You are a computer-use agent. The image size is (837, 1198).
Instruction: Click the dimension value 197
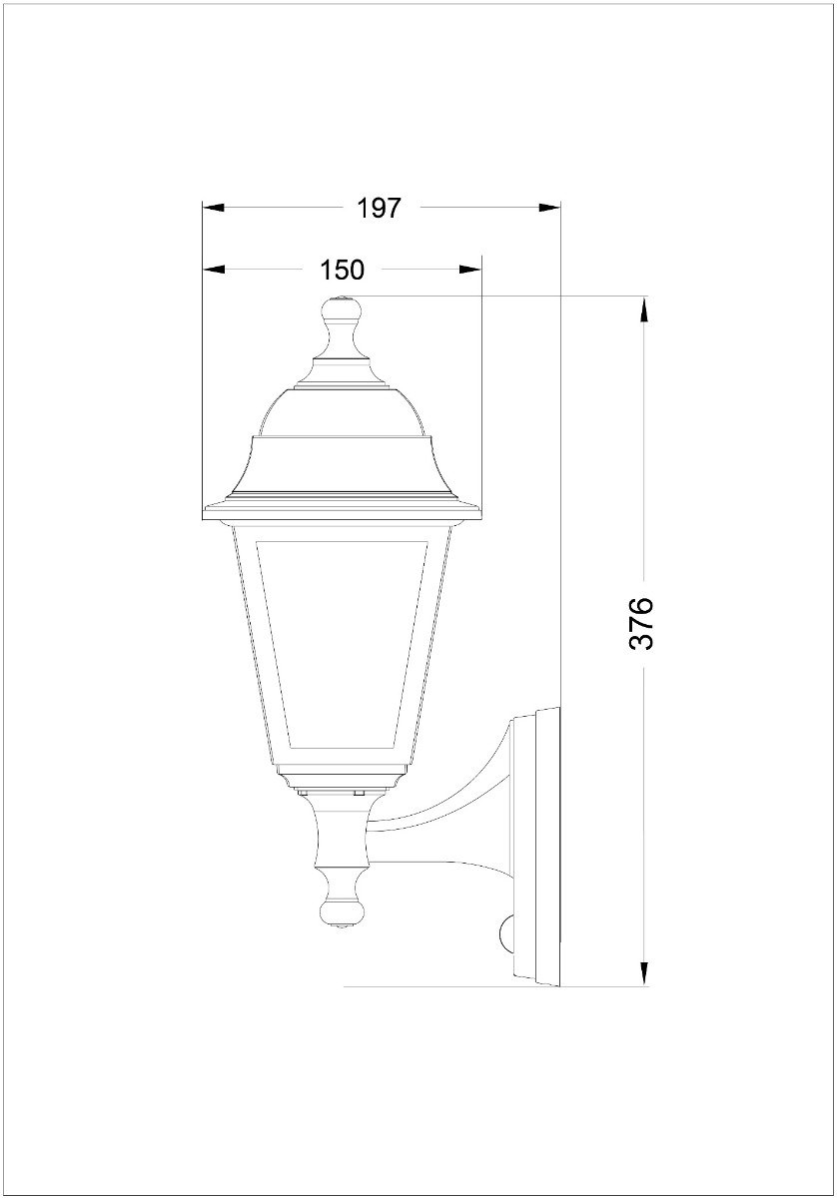pos(379,208)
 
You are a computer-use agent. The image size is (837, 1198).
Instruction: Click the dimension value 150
pos(342,270)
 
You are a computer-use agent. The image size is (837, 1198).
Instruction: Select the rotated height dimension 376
pos(641,623)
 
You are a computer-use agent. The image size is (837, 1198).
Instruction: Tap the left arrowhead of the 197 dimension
pos(213,208)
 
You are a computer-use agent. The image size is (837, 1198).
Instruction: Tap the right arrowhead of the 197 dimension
pos(549,208)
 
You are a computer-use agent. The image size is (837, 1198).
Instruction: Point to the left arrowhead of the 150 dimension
pos(213,270)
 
